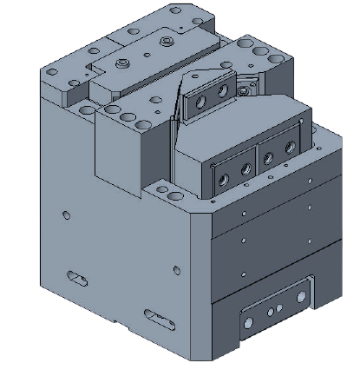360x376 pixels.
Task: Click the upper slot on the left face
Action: tap(77, 277)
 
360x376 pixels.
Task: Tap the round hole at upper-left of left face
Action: tap(67, 214)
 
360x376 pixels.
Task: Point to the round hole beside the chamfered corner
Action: tap(177, 266)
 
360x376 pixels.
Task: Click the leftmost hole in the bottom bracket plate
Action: tap(249, 321)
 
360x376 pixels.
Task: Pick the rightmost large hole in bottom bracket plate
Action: tap(280, 308)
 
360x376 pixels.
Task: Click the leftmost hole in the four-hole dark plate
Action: tap(225, 178)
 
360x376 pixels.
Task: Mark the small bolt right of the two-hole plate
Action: tap(248, 85)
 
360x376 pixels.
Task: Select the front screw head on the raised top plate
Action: tap(123, 63)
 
